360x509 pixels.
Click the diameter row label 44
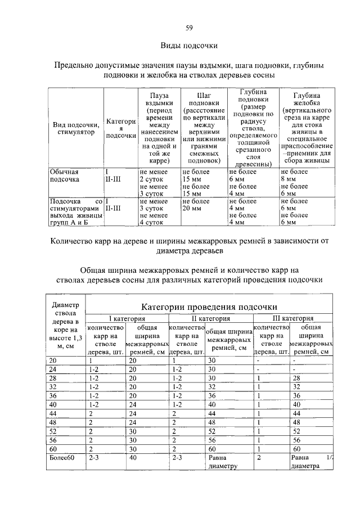pyautogui.click(x=53, y=413)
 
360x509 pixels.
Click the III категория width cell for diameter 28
pyautogui.click(x=298, y=379)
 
